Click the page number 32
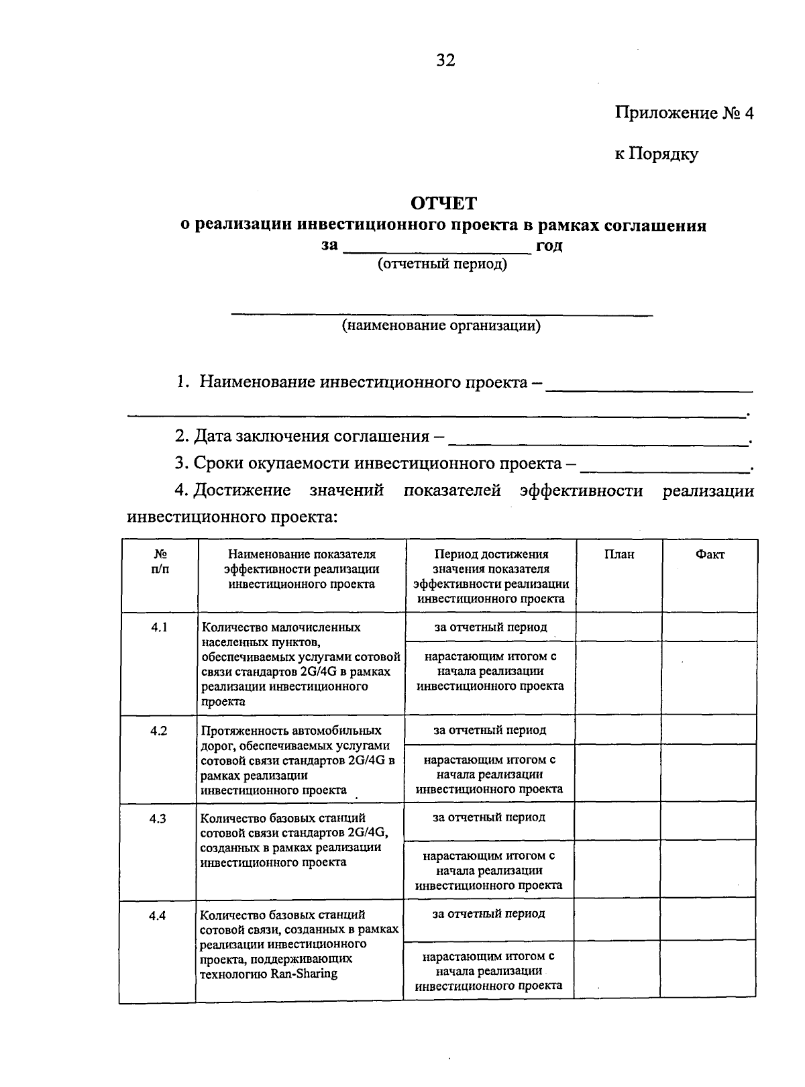[446, 60]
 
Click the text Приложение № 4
[684, 113]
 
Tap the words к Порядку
[657, 154]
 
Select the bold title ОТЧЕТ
[443, 203]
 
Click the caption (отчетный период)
[443, 264]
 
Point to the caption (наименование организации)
[441, 326]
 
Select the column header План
[619, 554]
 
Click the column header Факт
[710, 554]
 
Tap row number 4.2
[158, 730]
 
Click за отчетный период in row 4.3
[488, 817]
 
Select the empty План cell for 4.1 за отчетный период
[619, 627]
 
